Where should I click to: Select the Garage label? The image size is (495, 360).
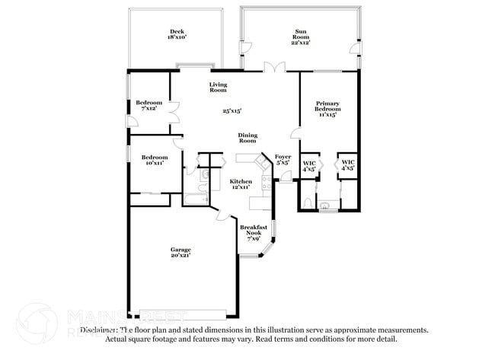pos(180,250)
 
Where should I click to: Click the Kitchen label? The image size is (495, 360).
pos(241,181)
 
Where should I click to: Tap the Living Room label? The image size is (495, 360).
pos(219,87)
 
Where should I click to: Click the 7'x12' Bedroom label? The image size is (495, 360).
pos(148,103)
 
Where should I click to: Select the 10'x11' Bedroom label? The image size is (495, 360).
pos(154,158)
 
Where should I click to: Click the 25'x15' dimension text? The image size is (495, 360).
pos(232,111)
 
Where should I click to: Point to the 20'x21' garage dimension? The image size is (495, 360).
pos(180,256)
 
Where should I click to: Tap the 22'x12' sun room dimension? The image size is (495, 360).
pos(302,42)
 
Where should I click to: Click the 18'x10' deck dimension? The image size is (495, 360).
pos(176,37)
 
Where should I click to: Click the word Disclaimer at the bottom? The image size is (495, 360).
pos(99,330)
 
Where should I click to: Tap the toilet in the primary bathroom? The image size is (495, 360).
pos(305,202)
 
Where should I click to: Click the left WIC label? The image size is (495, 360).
pos(309,162)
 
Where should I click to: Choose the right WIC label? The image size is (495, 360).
pos(348,162)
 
